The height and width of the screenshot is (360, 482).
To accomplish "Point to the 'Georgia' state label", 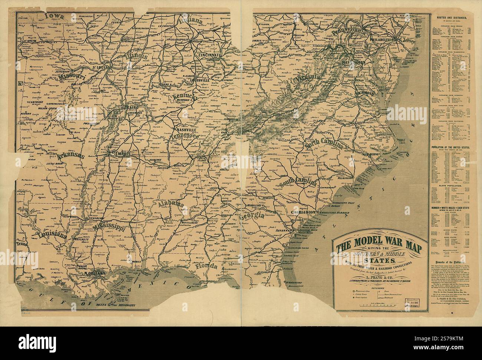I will coord(252,216).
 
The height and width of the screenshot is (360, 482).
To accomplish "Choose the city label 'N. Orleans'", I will coord(95,273).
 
